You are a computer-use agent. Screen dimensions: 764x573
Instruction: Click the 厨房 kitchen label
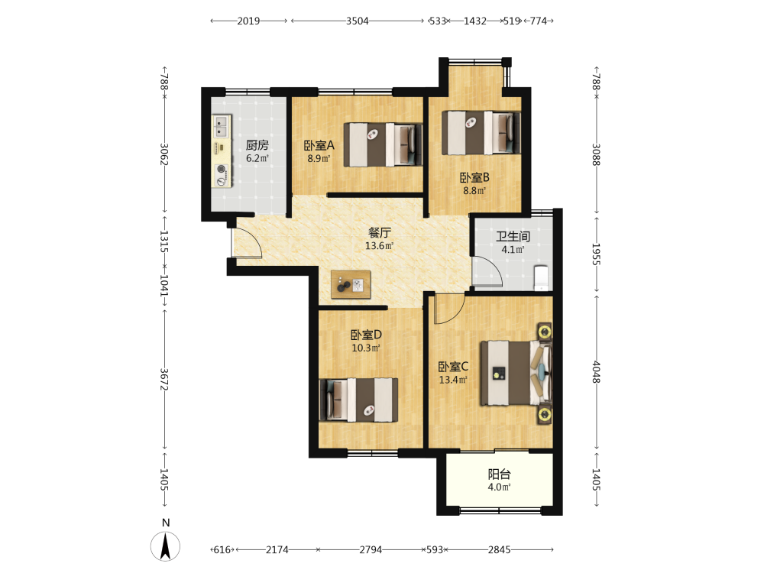(x=257, y=144)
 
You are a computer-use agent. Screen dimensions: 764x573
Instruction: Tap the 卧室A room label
(x=319, y=145)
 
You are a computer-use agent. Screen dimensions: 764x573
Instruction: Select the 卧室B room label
(x=474, y=178)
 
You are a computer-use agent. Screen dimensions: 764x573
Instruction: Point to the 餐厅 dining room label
(x=379, y=232)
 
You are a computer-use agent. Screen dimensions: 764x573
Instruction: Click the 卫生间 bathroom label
(x=513, y=236)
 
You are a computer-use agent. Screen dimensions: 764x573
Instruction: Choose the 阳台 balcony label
(x=499, y=474)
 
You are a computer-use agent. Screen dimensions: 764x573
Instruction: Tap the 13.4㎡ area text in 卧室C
(x=453, y=380)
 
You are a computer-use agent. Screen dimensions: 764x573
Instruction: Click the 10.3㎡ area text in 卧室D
(x=365, y=348)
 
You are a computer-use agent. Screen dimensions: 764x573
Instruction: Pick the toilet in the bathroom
(x=542, y=277)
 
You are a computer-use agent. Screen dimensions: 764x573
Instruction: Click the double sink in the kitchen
(x=221, y=126)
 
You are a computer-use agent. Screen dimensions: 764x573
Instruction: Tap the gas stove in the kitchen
(x=222, y=175)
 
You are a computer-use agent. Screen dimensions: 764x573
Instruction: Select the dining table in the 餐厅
(x=351, y=284)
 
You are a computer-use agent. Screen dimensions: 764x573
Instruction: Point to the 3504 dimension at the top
(x=357, y=21)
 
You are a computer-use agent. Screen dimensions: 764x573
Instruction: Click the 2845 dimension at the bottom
(x=500, y=550)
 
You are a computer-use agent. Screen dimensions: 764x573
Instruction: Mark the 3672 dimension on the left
(x=164, y=379)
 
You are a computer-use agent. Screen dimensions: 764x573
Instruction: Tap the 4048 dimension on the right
(x=596, y=372)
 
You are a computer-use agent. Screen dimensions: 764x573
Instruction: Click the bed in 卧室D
(x=358, y=400)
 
